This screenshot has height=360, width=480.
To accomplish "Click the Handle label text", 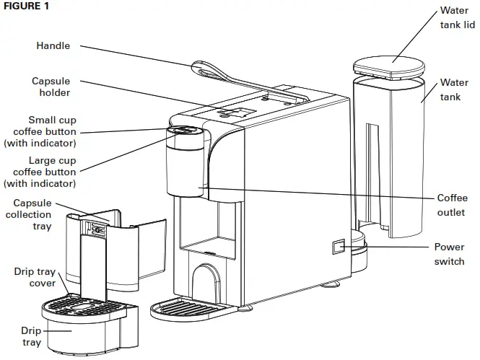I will coord(53,45).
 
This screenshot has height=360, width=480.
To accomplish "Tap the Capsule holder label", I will coord(51,88).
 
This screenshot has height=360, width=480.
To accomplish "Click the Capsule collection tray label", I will coord(32,214).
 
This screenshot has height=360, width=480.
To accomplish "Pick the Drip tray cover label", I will coord(35,278).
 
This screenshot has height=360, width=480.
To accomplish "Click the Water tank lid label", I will coord(457,18).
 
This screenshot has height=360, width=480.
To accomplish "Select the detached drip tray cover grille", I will coord(84,305).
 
